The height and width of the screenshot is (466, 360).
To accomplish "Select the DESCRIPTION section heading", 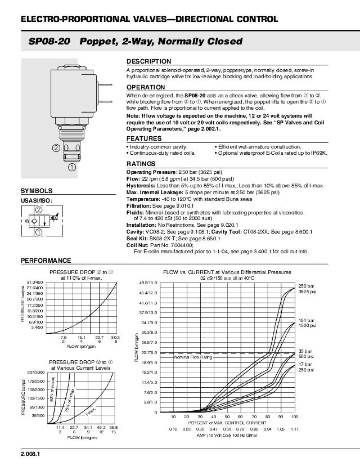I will click(x=148, y=61).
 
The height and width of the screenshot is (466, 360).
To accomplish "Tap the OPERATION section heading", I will click(x=146, y=88).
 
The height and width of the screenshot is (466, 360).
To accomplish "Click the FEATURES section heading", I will click(x=144, y=138).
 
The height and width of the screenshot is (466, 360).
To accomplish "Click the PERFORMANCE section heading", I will click(x=46, y=261).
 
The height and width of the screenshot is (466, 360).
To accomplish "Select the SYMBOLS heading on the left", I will click(x=37, y=191).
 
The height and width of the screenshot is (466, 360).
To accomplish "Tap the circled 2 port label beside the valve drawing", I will click(x=56, y=148).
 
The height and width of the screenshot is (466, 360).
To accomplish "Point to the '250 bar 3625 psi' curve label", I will click(x=307, y=289).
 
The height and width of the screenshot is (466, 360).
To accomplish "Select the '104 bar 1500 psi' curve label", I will click(x=307, y=322).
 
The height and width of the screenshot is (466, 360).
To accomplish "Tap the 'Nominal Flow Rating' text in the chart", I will click(x=193, y=357).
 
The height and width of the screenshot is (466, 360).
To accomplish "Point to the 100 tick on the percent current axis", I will click(x=294, y=417).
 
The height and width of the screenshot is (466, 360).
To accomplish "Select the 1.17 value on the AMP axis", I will click(x=294, y=429).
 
